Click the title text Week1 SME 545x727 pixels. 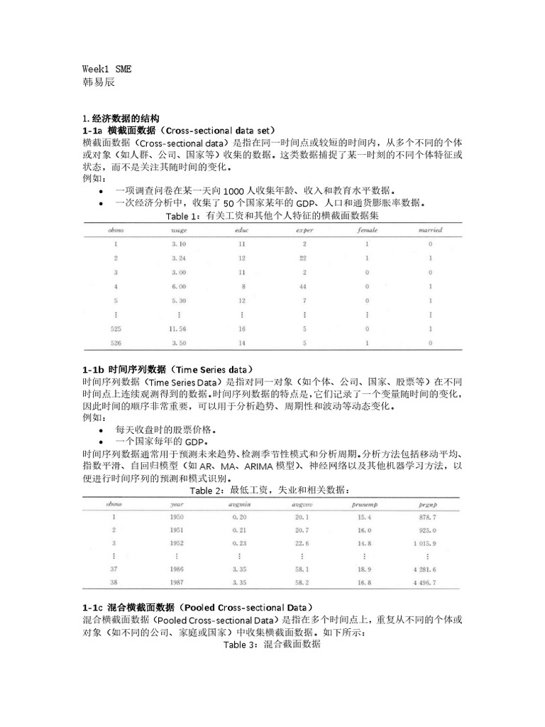[106, 70]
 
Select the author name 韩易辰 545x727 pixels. [99, 82]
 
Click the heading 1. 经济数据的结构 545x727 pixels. [121, 118]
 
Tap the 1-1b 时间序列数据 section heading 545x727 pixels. [167, 370]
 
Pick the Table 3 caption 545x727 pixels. [272, 645]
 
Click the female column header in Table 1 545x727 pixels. [367, 231]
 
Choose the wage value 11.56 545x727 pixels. [178, 329]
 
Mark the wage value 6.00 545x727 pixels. [178, 286]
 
